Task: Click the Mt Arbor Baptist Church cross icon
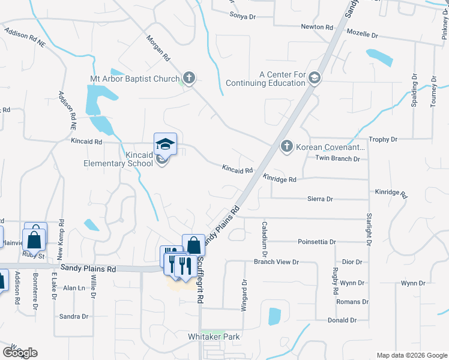[189, 78]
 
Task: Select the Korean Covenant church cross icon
[287, 146]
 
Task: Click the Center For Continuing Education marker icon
[315, 78]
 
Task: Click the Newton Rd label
[317, 28]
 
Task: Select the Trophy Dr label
[383, 139]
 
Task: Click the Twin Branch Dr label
[337, 158]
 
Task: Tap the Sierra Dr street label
[320, 198]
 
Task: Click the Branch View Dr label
[276, 262]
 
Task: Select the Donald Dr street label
[342, 320]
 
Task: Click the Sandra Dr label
[74, 316]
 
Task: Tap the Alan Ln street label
[74, 288]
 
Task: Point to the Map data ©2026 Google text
[411, 355]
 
